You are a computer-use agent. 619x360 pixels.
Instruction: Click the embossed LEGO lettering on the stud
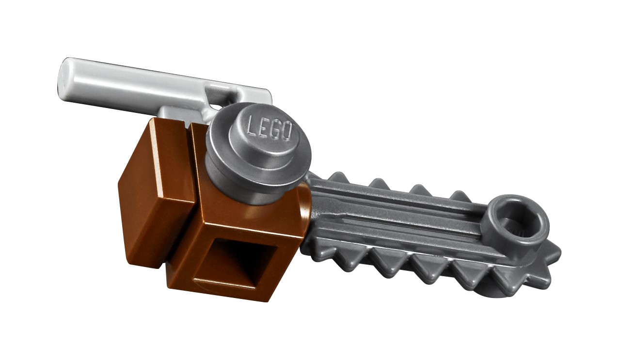point(270,130)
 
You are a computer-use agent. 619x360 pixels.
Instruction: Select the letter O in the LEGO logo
point(287,133)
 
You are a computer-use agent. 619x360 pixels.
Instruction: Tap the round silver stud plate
point(258,153)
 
